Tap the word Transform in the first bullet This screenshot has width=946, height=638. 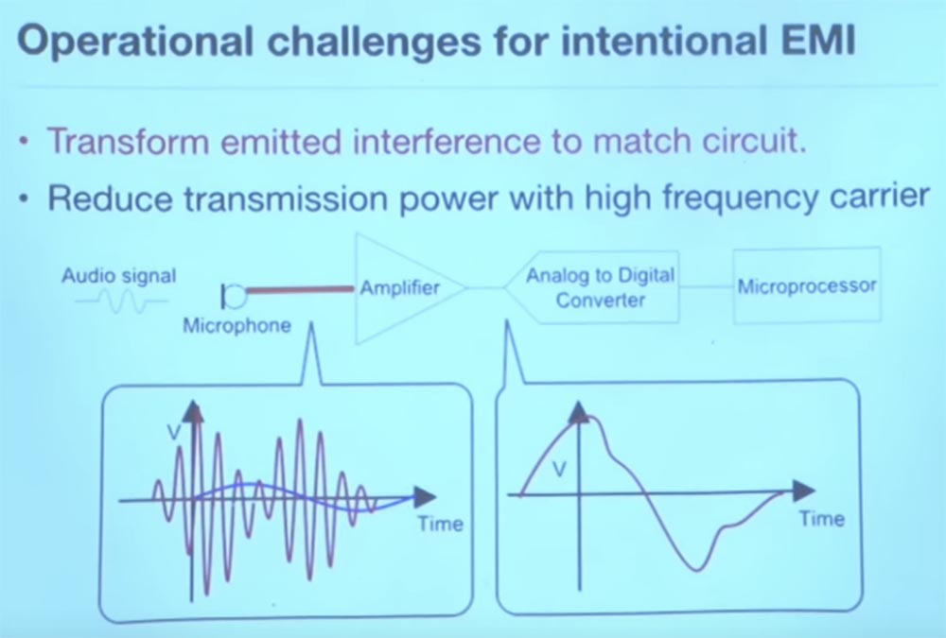click(129, 142)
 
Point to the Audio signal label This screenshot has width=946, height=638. click(119, 277)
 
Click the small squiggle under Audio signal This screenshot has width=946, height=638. click(121, 302)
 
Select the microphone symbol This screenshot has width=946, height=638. click(234, 296)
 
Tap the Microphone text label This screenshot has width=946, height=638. click(237, 326)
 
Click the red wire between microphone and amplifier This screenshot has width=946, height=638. click(300, 290)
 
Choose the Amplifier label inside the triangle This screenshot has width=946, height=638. click(400, 287)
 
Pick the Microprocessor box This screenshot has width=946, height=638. click(807, 285)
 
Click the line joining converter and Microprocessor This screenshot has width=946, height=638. click(707, 287)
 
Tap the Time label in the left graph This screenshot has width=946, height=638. click(441, 524)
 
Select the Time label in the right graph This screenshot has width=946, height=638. click(822, 519)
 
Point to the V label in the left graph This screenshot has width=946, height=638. click(174, 431)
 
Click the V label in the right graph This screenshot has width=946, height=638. click(560, 469)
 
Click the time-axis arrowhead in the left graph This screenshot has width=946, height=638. click(424, 497)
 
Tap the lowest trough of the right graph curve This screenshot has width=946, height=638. click(697, 569)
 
